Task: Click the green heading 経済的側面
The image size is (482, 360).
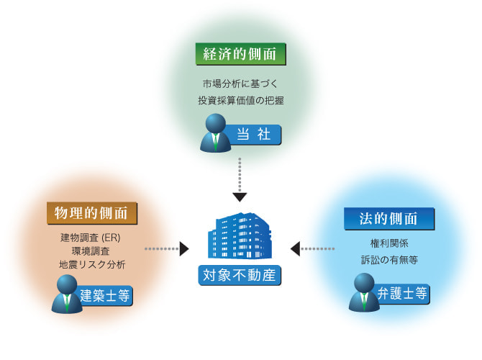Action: tap(240, 55)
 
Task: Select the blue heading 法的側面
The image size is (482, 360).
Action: tap(388, 217)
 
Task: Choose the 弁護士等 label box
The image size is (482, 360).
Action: tap(402, 293)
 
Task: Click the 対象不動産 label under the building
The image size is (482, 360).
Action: tap(240, 275)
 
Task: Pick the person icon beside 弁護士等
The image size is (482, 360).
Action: tap(364, 293)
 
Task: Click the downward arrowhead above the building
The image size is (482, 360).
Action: tap(240, 196)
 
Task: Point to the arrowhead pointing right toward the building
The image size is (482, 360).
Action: tap(185, 249)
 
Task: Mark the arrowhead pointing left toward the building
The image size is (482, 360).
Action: tap(295, 249)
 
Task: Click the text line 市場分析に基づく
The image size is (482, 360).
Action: tap(240, 84)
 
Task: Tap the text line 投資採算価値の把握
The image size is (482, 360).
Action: tap(240, 101)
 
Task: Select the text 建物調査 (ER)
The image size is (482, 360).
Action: tap(91, 238)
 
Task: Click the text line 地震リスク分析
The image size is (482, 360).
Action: tap(91, 264)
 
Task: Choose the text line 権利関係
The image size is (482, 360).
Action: tap(388, 243)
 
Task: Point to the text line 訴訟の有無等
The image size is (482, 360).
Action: tap(388, 259)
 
